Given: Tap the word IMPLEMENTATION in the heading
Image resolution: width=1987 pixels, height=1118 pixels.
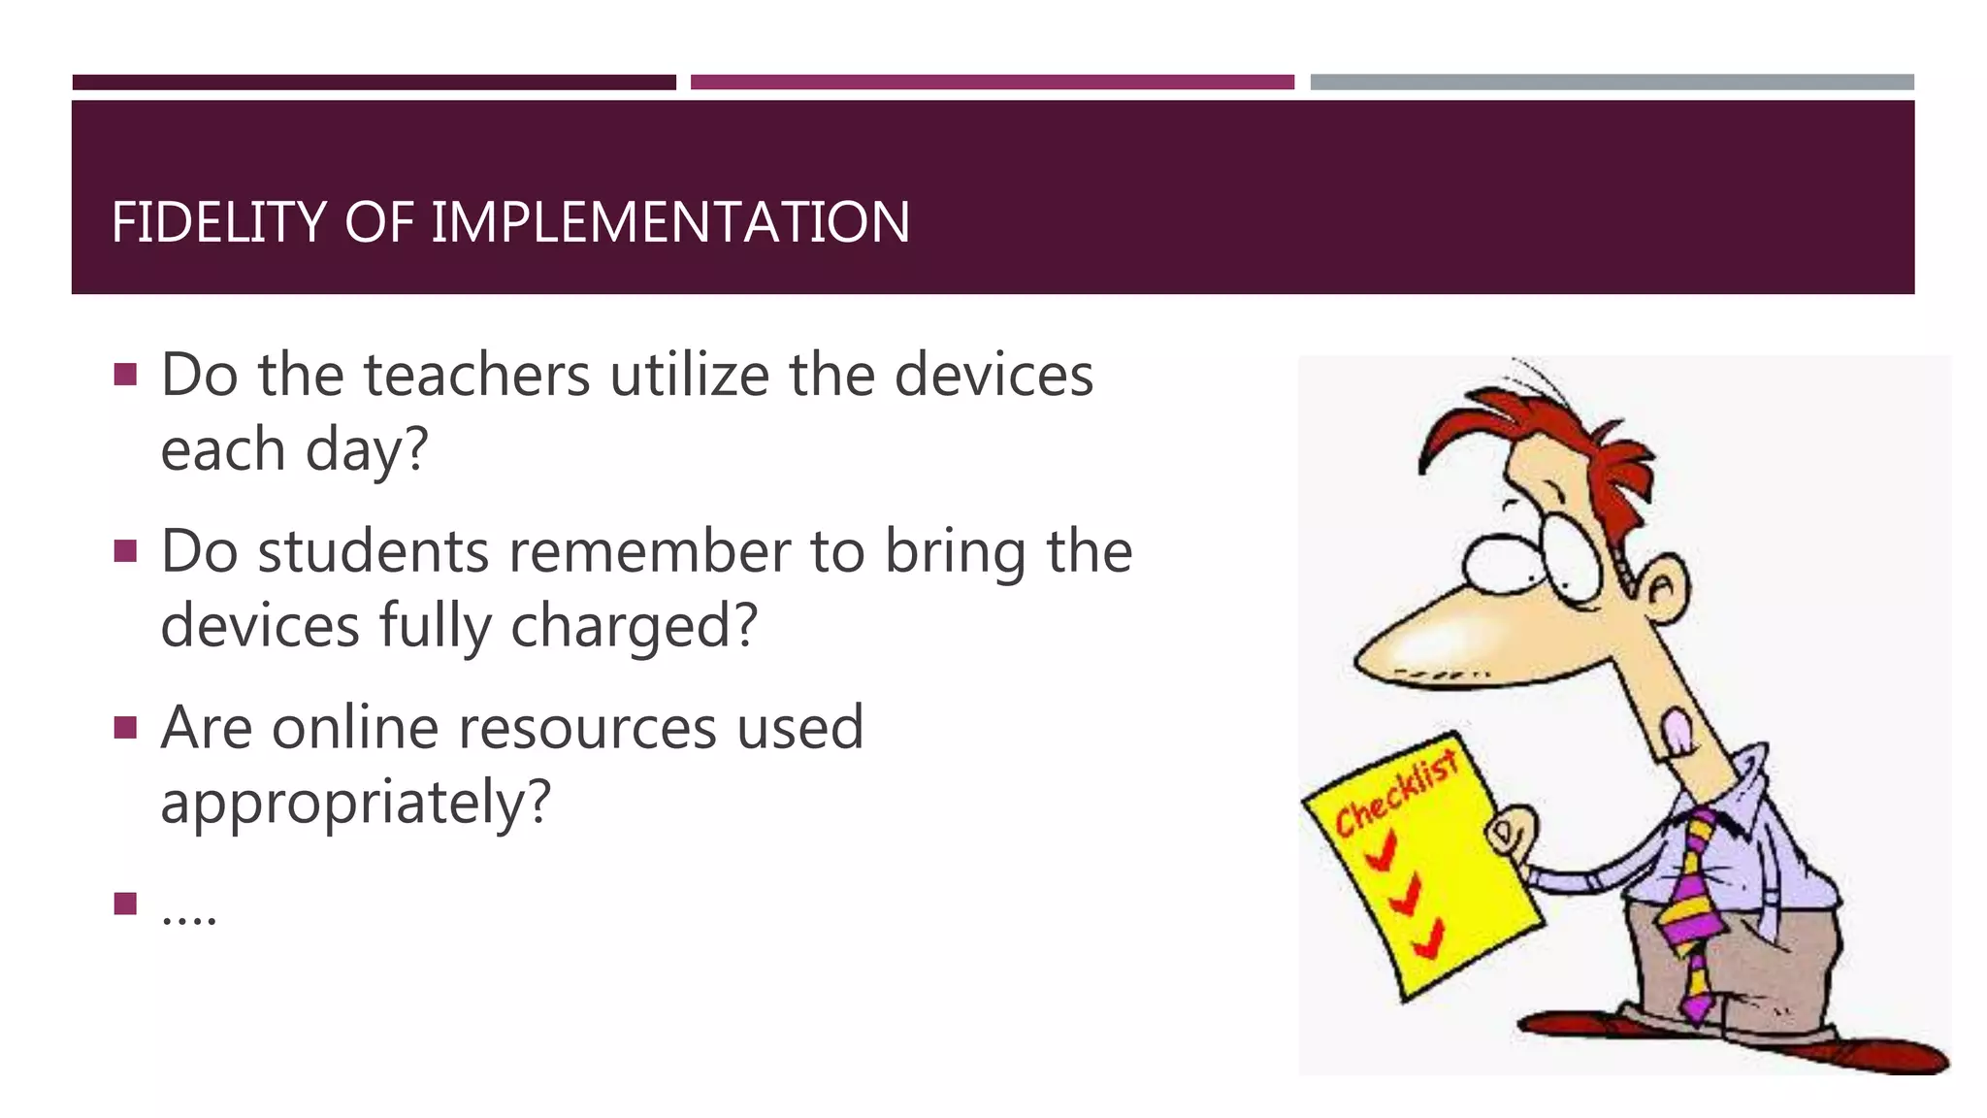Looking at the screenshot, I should click(669, 222).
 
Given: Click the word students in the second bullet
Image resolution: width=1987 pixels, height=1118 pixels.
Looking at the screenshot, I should click(374, 552).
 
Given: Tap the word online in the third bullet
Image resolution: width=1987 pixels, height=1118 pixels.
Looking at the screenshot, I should click(355, 728).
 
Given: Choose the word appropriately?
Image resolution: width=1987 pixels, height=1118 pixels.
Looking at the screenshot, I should click(355, 804).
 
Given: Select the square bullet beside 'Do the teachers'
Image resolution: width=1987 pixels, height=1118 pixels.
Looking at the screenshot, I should click(125, 375).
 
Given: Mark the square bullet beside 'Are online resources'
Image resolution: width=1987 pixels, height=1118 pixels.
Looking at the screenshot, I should click(125, 728).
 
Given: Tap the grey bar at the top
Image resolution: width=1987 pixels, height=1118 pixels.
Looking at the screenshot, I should click(1612, 82).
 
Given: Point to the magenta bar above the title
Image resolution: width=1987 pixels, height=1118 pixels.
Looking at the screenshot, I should click(992, 82).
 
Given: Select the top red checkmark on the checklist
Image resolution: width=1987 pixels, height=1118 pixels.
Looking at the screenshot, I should click(1380, 853).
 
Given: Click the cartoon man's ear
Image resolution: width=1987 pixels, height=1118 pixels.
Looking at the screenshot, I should click(1664, 588).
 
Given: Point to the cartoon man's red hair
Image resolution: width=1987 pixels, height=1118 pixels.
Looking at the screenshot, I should click(1552, 427).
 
